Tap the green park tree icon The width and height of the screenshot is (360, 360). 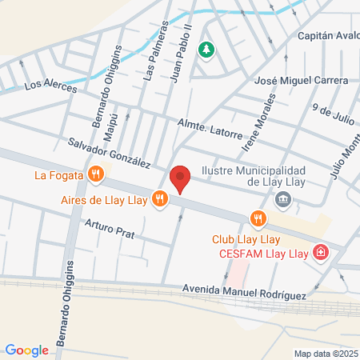pyautogui.click(x=206, y=50)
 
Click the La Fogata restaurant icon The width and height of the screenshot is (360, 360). pyautogui.click(x=96, y=173)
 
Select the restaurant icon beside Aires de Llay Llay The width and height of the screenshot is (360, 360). pyautogui.click(x=160, y=199)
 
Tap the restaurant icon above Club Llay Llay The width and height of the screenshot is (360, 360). pyautogui.click(x=257, y=218)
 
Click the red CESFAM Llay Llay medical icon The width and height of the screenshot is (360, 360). pyautogui.click(x=321, y=253)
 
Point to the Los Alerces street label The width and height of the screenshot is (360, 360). pyautogui.click(x=50, y=85)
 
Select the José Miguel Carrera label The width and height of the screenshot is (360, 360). pyautogui.click(x=300, y=81)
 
